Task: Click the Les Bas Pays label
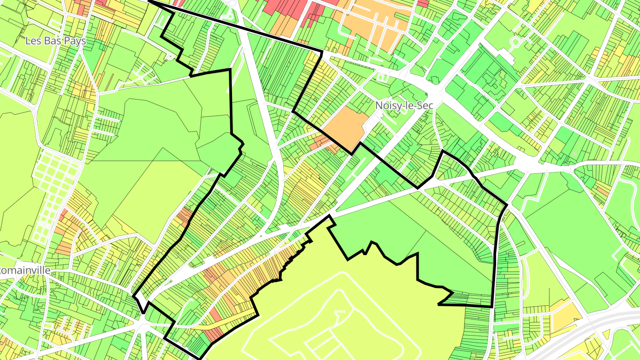[56, 41]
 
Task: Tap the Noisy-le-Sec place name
[404, 105]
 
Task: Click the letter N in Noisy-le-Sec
[379, 105]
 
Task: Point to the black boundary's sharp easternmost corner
[507, 205]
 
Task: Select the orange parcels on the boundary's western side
[184, 216]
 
